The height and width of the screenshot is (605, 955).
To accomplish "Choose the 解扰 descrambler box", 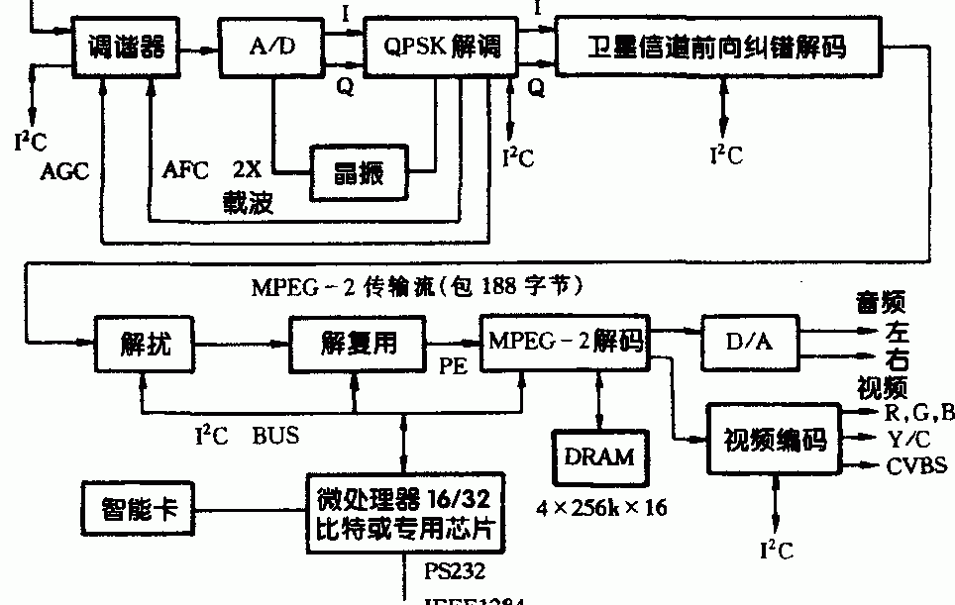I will pyautogui.click(x=145, y=344).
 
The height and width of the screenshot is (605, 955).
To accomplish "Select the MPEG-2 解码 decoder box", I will pyautogui.click(x=564, y=343).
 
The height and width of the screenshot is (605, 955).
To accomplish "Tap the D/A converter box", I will pyautogui.click(x=750, y=343).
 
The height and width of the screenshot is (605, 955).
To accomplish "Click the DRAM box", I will pyautogui.click(x=597, y=456).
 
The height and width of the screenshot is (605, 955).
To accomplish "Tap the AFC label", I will pyautogui.click(x=186, y=169).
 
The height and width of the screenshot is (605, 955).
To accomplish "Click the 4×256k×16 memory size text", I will pyautogui.click(x=602, y=508).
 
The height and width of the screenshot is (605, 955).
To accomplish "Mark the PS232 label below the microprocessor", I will pyautogui.click(x=455, y=571).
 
